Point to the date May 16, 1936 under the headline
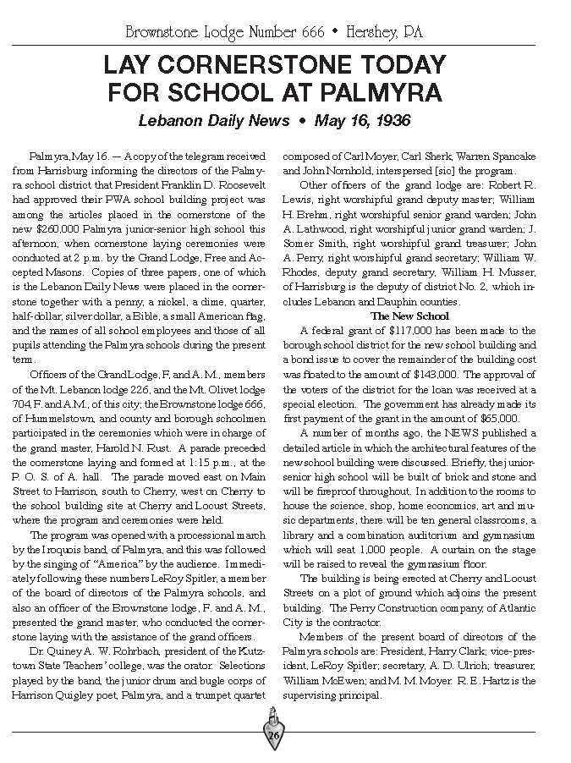(x=362, y=121)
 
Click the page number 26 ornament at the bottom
(x=273, y=735)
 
